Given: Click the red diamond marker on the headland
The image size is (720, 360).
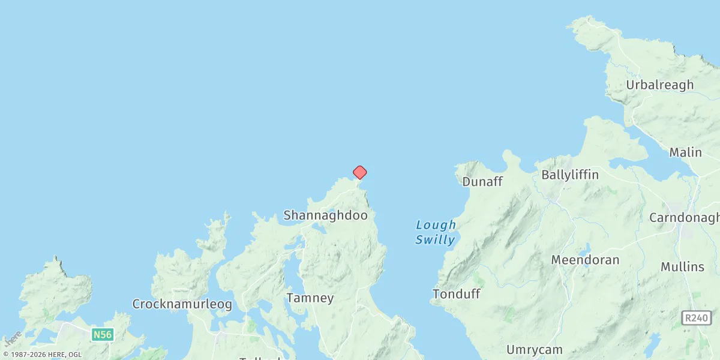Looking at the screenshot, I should pos(359,173).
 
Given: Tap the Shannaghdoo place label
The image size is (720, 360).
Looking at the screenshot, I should pos(325,215).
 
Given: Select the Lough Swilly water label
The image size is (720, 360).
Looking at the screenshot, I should pos(436,232).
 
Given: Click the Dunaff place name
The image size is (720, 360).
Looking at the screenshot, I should pos(482,181).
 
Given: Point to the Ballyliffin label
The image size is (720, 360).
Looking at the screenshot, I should pos(570,175).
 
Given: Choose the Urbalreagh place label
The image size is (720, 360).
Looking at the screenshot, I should pos(659,85).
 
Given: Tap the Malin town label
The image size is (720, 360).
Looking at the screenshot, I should pos(685,152).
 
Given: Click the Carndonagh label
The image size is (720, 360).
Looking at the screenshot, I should pos(684,218).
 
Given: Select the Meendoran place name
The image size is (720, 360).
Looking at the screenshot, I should pos(585,260).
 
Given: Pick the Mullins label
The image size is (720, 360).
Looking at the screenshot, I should pos(682,267).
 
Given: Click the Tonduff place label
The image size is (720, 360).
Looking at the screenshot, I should pos(456,294).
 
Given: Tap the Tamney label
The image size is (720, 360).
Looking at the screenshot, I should pos(310,298).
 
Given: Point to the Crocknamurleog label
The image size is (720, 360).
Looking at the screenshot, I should pos(182,304).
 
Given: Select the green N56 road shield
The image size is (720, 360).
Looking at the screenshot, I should pos(103,334).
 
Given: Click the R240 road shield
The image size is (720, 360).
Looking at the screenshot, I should pos(697,318).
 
